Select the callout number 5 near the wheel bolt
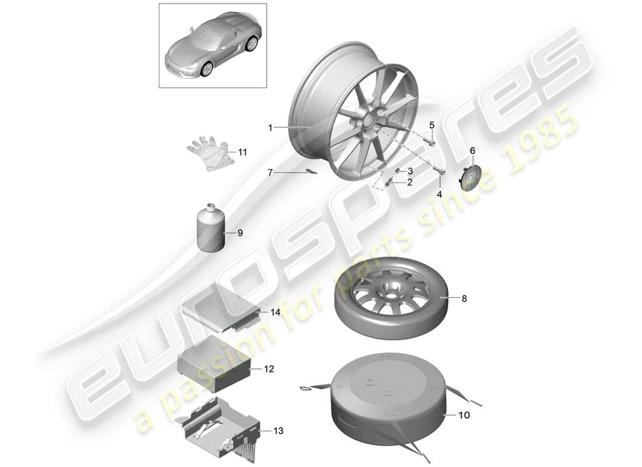coord(432,125)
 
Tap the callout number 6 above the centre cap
coord(473,150)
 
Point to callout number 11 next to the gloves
coord(242,152)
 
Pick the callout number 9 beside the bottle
coord(239,232)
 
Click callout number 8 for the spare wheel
coord(464,298)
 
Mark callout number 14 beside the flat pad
coord(275,312)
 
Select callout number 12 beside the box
coord(269,369)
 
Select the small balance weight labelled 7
coord(312,173)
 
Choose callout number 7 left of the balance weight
coord(270,173)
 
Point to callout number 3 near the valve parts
coord(410,170)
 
